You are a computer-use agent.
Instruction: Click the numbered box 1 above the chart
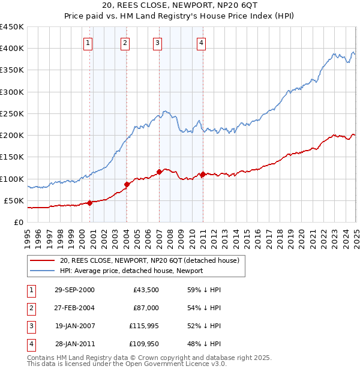(x=88, y=43)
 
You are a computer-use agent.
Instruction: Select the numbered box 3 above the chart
(x=157, y=43)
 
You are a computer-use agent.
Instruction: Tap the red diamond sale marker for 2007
(x=159, y=172)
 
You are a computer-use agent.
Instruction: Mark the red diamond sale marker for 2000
(x=89, y=203)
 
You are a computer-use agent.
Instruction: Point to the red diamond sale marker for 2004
(x=127, y=184)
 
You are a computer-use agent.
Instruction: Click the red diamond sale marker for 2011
(x=203, y=175)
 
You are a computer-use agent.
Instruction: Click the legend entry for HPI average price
(x=131, y=271)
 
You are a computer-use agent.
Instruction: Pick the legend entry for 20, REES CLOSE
(x=149, y=260)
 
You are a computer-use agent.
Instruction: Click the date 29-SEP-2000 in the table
(x=74, y=290)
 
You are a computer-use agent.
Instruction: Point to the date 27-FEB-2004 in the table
(x=74, y=308)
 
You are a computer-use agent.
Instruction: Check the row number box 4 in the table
(x=30, y=344)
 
